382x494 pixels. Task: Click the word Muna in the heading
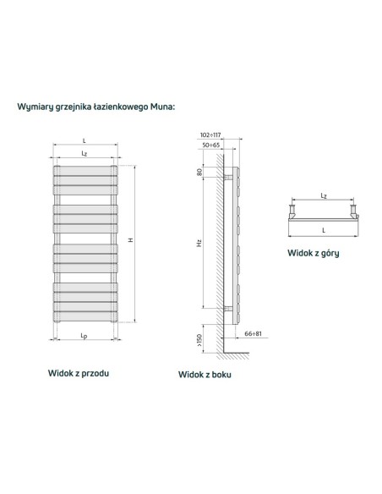click(161, 107)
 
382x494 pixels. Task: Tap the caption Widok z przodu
click(79, 373)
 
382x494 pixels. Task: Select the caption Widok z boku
click(205, 374)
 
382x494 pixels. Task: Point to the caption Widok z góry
click(314, 253)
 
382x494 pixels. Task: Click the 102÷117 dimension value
click(210, 134)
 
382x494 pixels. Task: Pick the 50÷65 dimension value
click(210, 145)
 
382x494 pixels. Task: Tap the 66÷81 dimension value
click(253, 333)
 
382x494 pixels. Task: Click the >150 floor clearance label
click(199, 340)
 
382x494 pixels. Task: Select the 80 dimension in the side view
click(199, 172)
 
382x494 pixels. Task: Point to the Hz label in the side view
click(199, 243)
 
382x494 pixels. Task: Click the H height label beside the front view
click(131, 240)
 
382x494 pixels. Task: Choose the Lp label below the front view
click(84, 336)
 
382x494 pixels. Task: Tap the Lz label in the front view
click(84, 153)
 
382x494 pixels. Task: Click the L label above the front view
click(84, 141)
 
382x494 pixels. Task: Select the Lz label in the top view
click(324, 195)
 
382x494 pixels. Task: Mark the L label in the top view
click(324, 230)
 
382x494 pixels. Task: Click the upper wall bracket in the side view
click(228, 177)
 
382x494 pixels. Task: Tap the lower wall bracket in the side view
click(228, 309)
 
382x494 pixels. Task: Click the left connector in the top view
click(292, 211)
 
